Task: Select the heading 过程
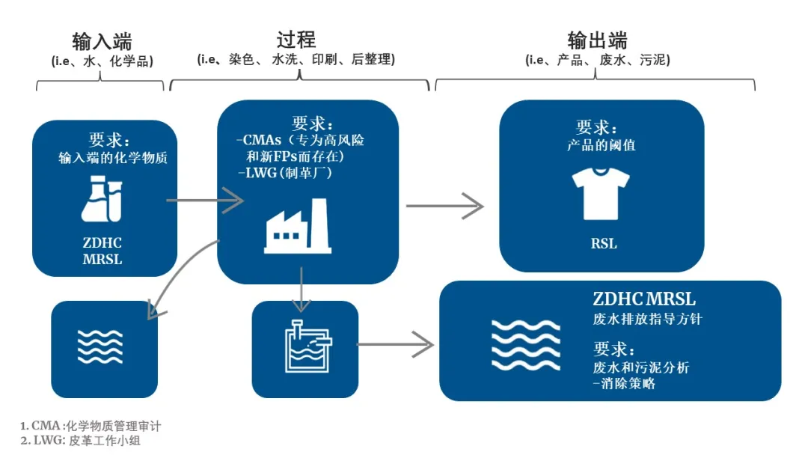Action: [x=296, y=39]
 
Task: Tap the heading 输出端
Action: [x=597, y=40]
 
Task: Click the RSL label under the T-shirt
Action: [x=603, y=243]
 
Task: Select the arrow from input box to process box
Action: [x=205, y=200]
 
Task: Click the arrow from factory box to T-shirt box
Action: [x=444, y=205]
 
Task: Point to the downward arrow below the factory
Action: [x=301, y=289]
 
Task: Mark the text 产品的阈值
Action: [x=601, y=145]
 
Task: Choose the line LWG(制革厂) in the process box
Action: [x=289, y=173]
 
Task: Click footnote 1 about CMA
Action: [x=91, y=426]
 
